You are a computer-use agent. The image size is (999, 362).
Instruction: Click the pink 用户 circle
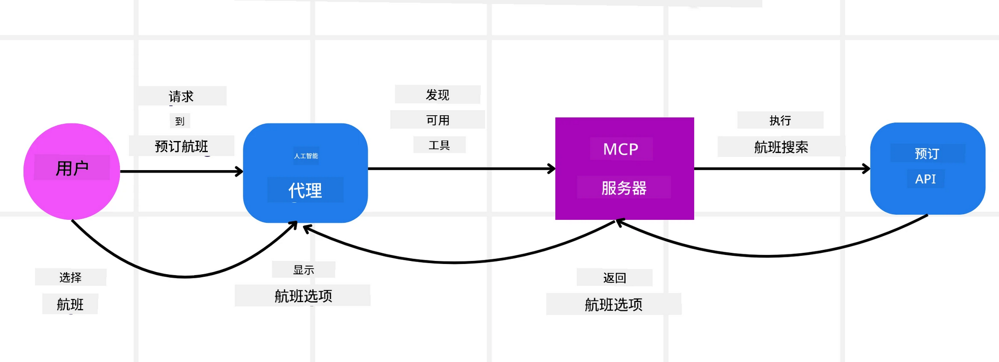(x=72, y=171)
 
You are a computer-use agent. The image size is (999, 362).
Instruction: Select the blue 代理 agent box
(x=305, y=173)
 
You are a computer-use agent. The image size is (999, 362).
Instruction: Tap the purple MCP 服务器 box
(x=624, y=169)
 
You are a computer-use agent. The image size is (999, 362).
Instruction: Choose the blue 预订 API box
(x=927, y=168)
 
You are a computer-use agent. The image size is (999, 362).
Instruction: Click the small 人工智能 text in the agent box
(x=306, y=156)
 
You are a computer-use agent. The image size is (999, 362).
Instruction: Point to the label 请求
(x=181, y=96)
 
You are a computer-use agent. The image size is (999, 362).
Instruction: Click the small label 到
(x=179, y=121)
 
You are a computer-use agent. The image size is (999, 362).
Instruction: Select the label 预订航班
(x=181, y=147)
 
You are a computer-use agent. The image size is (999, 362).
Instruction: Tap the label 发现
(x=438, y=95)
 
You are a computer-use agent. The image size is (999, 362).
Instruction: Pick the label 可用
(x=438, y=120)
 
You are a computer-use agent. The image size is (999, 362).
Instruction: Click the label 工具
(x=439, y=146)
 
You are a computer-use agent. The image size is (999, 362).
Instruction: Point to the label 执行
(x=780, y=120)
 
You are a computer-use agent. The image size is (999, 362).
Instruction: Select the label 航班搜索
(x=781, y=147)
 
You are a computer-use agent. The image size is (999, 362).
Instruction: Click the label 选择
(x=70, y=277)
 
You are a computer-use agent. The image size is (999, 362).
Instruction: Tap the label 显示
(x=303, y=270)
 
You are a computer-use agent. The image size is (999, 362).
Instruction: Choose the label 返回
(x=614, y=278)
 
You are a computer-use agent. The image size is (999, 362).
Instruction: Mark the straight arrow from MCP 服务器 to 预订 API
(x=781, y=169)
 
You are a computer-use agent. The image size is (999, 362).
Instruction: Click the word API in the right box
(x=925, y=179)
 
